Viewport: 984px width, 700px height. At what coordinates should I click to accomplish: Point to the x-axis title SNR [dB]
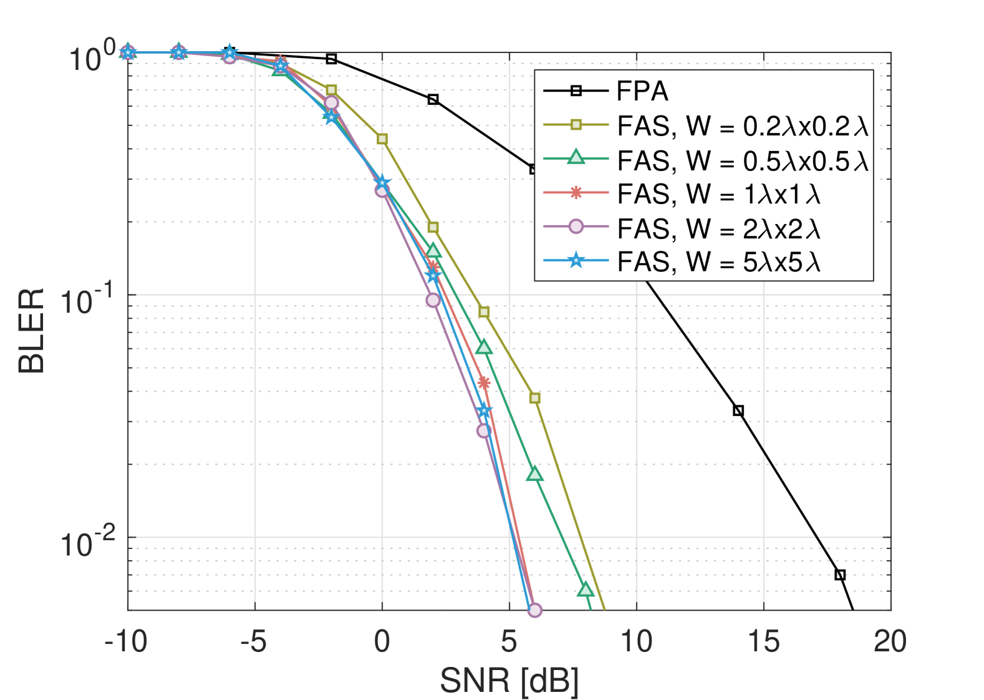(x=509, y=681)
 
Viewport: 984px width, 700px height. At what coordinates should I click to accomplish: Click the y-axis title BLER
(x=31, y=331)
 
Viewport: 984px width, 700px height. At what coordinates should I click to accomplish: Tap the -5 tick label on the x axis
(x=254, y=642)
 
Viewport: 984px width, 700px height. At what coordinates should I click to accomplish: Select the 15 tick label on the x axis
(x=763, y=642)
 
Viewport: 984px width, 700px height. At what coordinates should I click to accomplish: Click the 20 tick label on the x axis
(x=890, y=642)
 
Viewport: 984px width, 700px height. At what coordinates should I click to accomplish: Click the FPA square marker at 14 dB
(x=738, y=411)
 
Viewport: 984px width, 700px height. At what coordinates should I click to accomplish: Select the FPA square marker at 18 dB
(x=840, y=575)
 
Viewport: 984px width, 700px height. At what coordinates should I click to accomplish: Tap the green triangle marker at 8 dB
(x=585, y=590)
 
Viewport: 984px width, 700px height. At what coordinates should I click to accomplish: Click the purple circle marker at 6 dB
(x=534, y=610)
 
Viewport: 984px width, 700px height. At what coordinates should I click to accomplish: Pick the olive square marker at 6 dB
(x=534, y=398)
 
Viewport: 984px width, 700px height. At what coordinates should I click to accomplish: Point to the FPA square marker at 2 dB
(x=433, y=99)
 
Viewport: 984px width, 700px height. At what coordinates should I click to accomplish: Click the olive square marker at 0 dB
(x=382, y=139)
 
